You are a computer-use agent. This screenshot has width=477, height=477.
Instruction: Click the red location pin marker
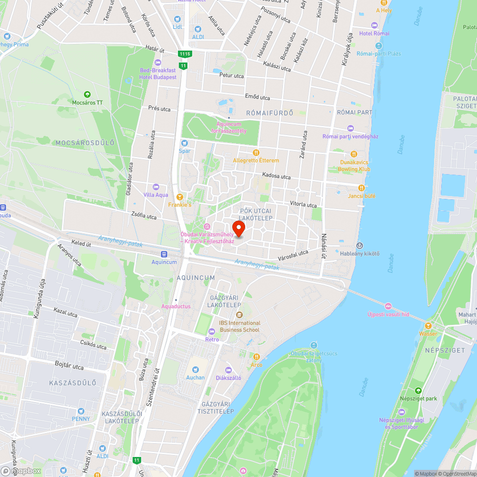238,228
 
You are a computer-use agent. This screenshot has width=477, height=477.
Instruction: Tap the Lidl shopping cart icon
177,19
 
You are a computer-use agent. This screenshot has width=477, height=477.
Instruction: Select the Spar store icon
184,143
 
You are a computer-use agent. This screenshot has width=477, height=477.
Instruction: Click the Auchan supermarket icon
195,370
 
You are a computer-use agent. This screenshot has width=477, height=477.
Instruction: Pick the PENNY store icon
81,411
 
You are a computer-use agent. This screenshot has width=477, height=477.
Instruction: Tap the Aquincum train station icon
164,254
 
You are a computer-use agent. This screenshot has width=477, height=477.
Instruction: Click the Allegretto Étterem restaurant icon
256,153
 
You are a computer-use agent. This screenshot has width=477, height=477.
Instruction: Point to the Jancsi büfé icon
362,188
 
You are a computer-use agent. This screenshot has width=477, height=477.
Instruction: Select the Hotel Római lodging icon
374,25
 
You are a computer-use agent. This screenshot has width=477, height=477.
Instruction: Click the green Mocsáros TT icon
87,94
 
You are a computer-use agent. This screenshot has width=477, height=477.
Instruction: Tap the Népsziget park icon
418,391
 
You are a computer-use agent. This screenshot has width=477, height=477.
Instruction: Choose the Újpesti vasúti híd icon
388,306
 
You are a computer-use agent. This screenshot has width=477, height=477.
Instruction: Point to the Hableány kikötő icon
360,245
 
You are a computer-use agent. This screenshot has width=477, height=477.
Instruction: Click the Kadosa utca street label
276,176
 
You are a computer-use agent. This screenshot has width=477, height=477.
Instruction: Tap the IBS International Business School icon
239,314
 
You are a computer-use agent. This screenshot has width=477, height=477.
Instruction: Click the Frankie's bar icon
180,197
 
